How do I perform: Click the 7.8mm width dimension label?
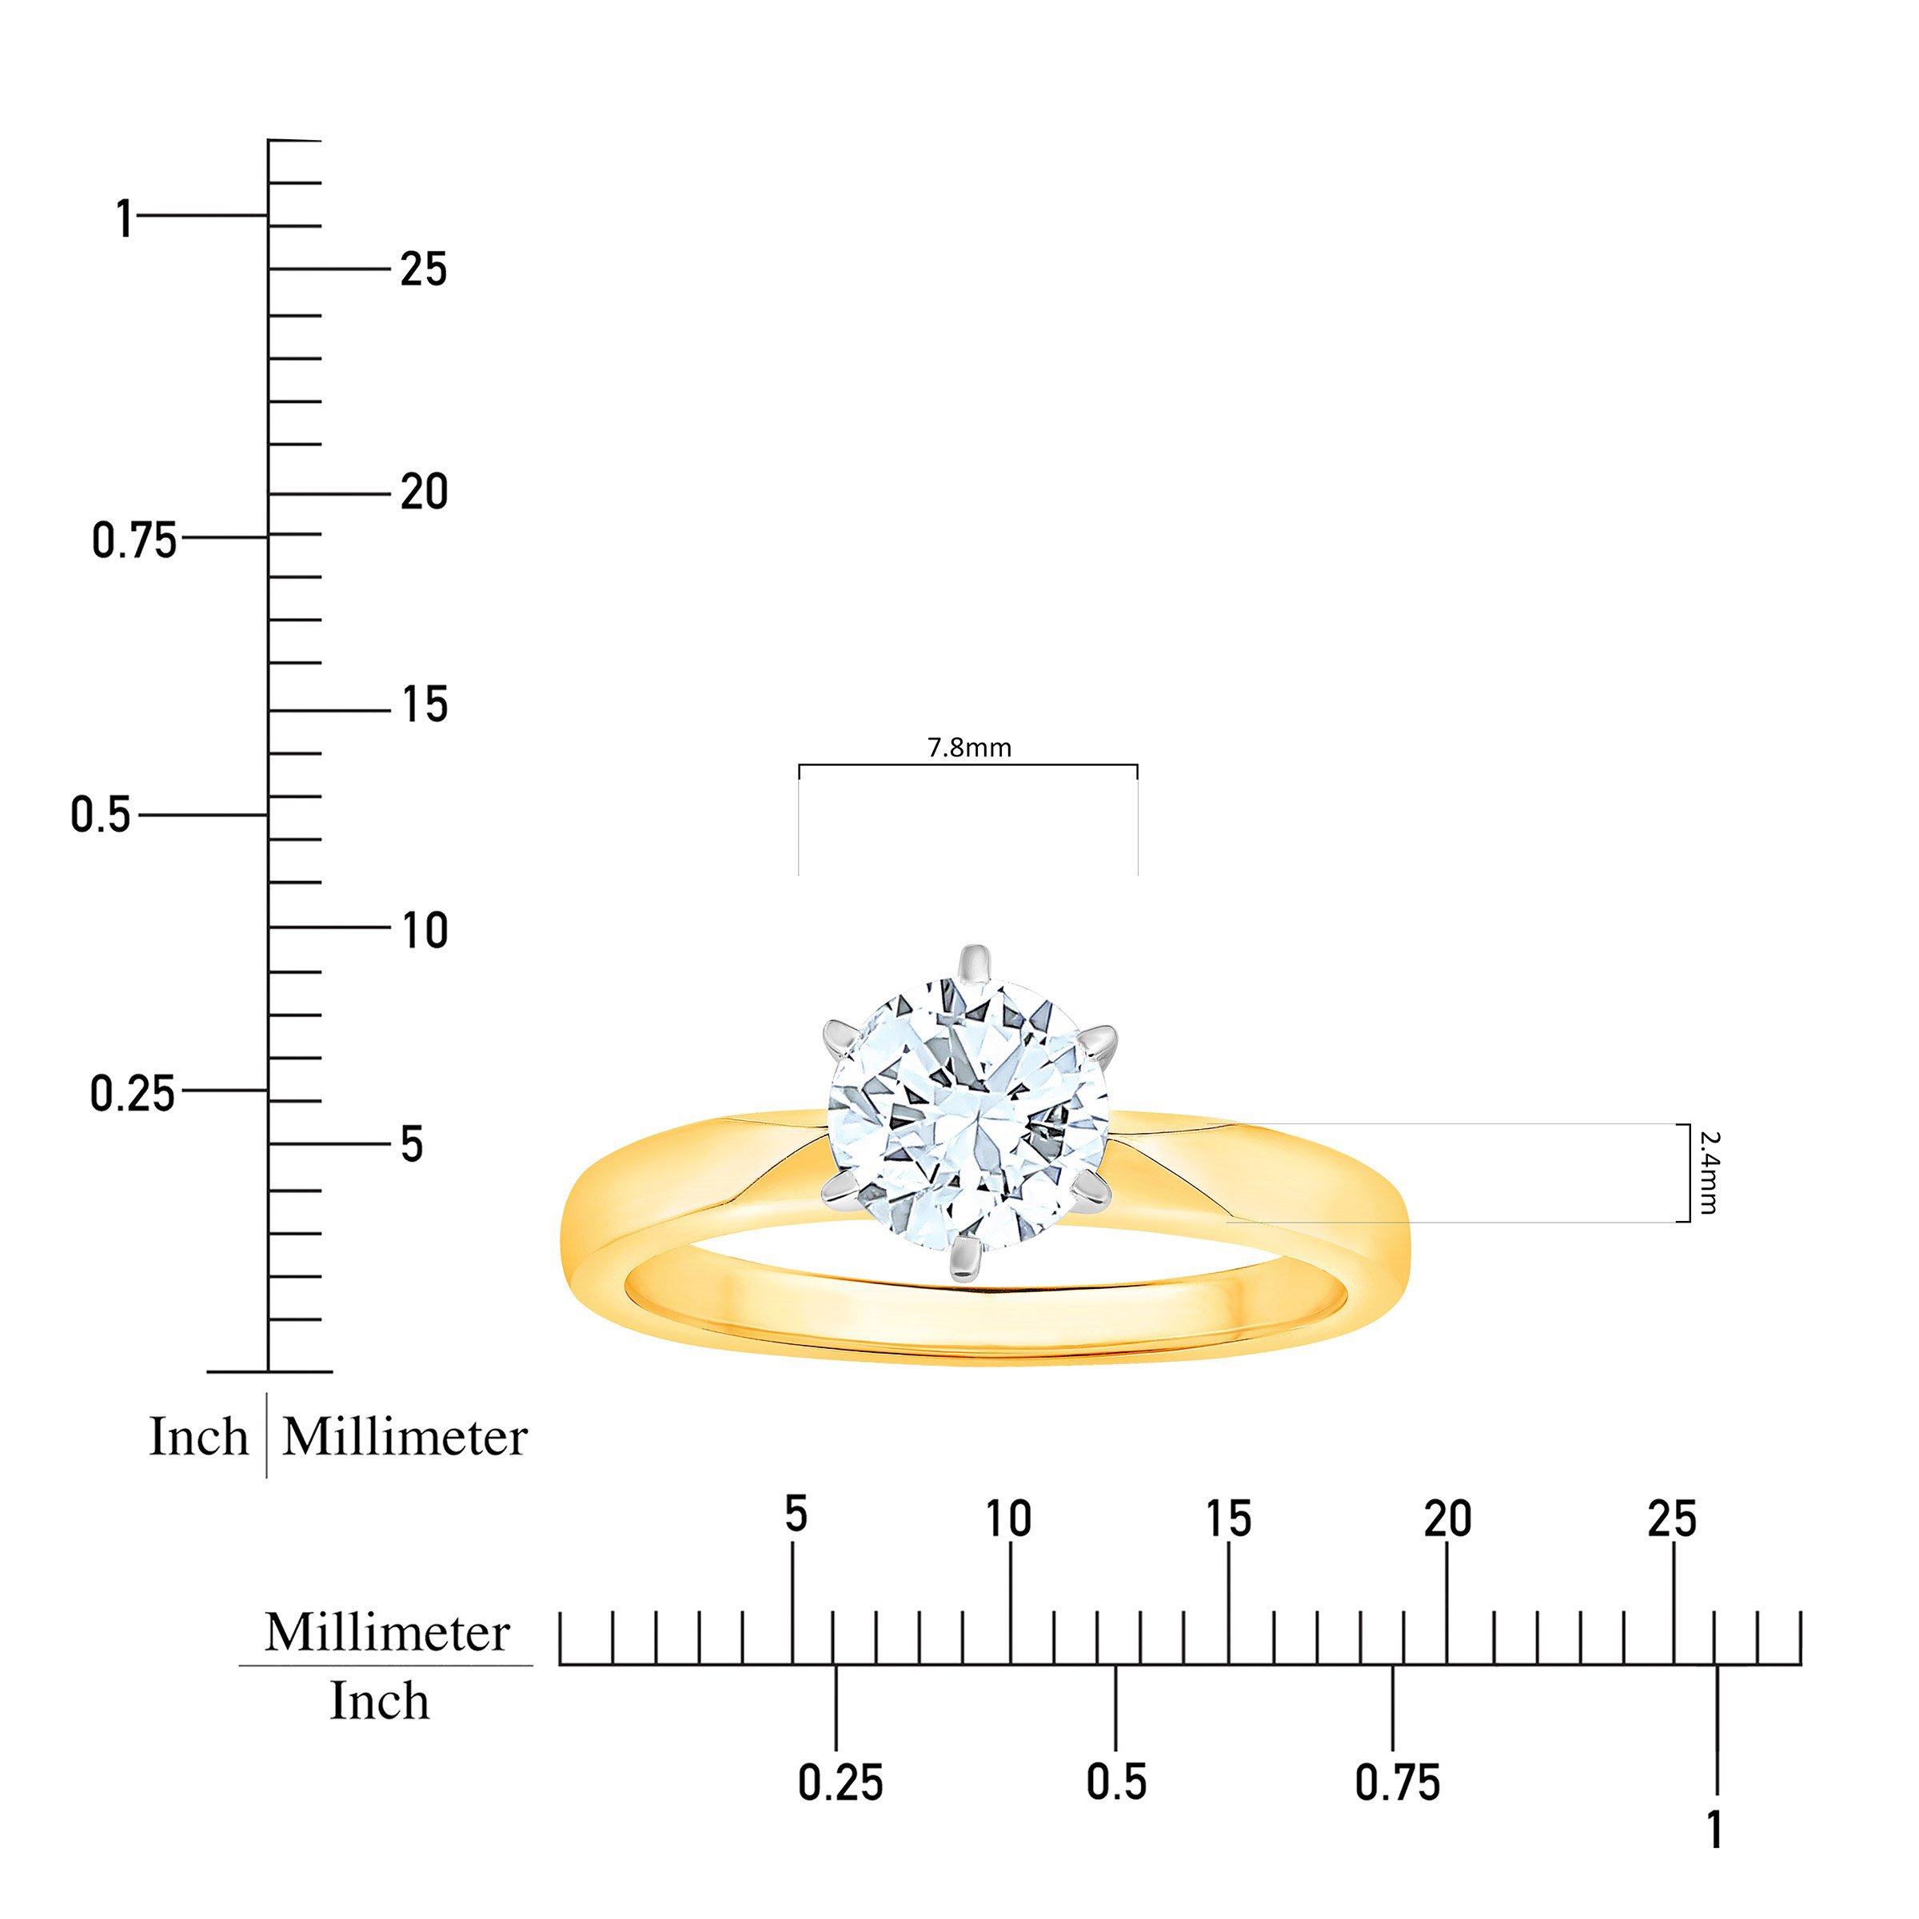(969, 748)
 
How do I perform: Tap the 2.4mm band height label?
(1709, 1172)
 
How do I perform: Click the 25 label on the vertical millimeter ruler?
(424, 269)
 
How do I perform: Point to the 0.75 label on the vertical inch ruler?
(134, 541)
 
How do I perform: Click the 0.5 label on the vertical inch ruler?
(100, 815)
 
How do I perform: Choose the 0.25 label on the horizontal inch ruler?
(840, 1783)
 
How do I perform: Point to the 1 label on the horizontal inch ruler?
(1714, 1829)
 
